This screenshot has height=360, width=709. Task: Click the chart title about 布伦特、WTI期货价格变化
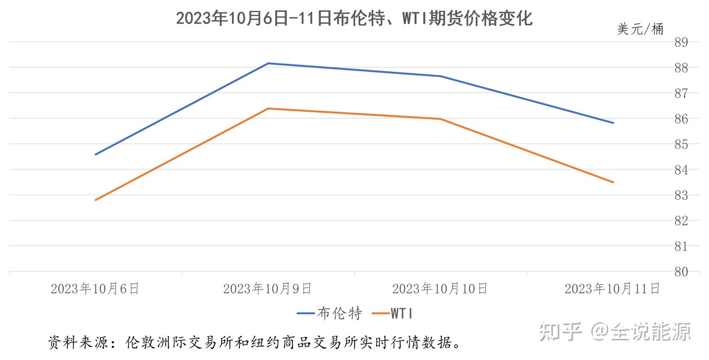tap(354, 19)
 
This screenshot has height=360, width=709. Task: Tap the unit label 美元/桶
tap(640, 29)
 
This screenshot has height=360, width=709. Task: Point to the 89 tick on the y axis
tap(681, 42)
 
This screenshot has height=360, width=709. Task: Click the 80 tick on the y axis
tap(681, 271)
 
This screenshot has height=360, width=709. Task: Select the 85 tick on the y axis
tap(681, 144)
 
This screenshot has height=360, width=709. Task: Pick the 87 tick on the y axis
tap(681, 93)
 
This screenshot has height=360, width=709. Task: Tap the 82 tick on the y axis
tap(681, 221)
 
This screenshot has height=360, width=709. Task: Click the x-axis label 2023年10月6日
tap(95, 288)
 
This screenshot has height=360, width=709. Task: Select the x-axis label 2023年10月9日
tap(267, 288)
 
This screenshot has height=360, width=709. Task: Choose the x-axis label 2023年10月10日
tap(440, 288)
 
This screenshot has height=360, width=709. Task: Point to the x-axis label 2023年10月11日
tap(612, 288)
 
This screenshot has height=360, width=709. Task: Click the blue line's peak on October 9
tap(268, 63)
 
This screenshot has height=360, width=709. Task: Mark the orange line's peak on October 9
tap(268, 108)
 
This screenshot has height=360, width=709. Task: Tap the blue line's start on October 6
tap(96, 155)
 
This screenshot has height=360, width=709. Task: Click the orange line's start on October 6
tap(96, 200)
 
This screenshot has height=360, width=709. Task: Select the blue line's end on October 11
tap(613, 123)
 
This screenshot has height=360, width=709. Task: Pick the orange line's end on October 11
tap(613, 182)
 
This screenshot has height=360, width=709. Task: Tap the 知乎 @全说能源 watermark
tap(615, 331)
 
